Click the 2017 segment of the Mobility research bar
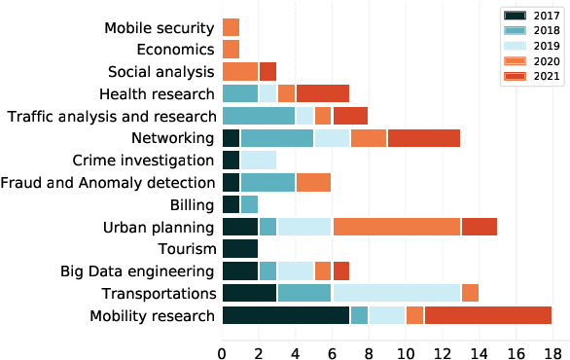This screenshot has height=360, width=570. (x=286, y=314)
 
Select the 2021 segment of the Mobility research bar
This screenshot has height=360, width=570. (x=487, y=314)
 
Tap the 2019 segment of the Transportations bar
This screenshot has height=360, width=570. (x=396, y=293)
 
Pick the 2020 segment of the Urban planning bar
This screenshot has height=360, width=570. (x=396, y=227)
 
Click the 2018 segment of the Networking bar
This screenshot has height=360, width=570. (x=277, y=138)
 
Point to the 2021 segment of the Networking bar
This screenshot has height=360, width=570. (x=423, y=138)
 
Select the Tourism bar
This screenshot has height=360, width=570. (x=240, y=249)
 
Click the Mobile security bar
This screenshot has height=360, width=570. (x=231, y=27)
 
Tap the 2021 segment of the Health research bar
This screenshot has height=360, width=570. (x=322, y=94)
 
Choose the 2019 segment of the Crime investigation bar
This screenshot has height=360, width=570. (x=258, y=161)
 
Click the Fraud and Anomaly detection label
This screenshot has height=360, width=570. (x=108, y=183)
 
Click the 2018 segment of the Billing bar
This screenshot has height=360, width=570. (x=249, y=204)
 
